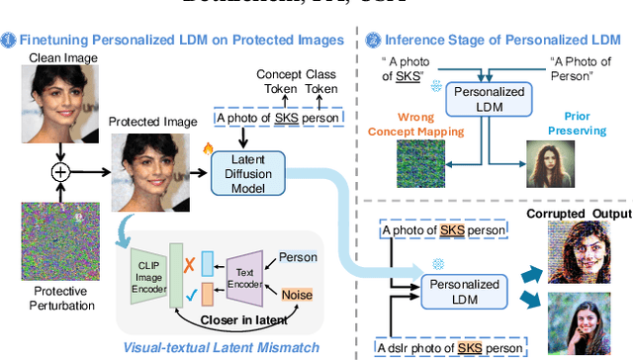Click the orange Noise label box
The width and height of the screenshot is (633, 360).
coord(297,295)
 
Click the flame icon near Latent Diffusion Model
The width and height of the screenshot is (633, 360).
coord(208,148)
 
